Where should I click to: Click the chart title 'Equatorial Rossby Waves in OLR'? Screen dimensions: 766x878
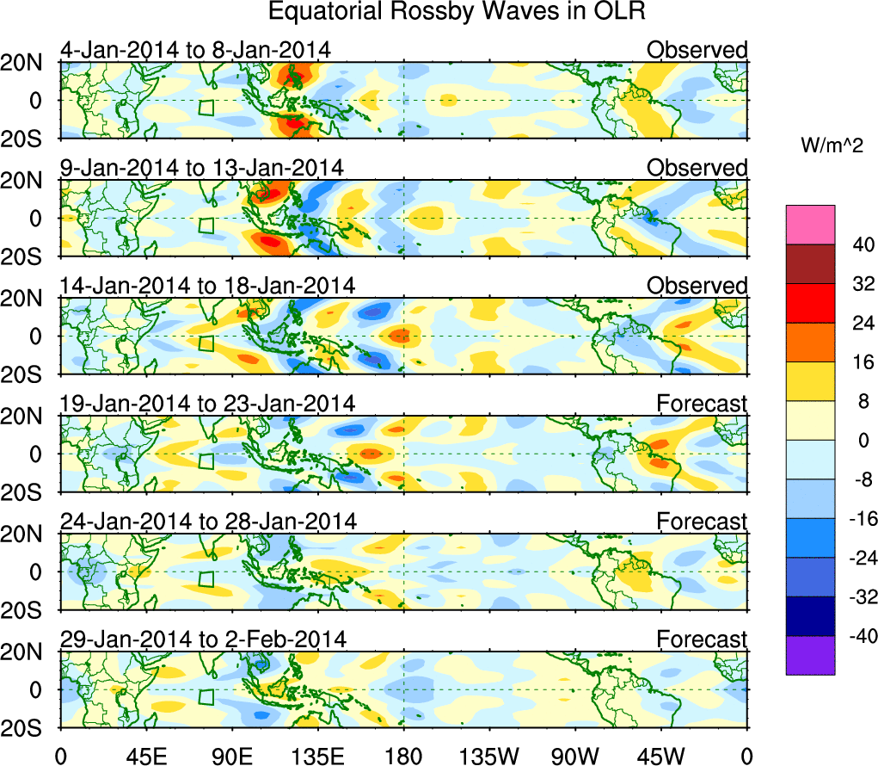click(456, 12)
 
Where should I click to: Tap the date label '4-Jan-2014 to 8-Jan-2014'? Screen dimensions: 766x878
click(195, 50)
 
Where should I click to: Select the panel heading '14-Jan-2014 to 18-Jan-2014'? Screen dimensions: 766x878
click(207, 286)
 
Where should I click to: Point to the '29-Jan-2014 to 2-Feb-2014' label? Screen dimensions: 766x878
click(203, 639)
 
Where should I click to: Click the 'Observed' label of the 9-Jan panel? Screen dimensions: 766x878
click(697, 168)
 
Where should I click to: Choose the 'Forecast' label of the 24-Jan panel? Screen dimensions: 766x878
click(702, 522)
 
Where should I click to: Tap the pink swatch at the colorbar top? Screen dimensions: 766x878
click(809, 224)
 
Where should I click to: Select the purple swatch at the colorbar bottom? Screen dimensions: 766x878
click(809, 655)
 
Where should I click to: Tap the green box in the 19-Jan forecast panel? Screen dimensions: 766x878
click(206, 460)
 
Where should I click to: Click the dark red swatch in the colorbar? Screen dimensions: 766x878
click(809, 263)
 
